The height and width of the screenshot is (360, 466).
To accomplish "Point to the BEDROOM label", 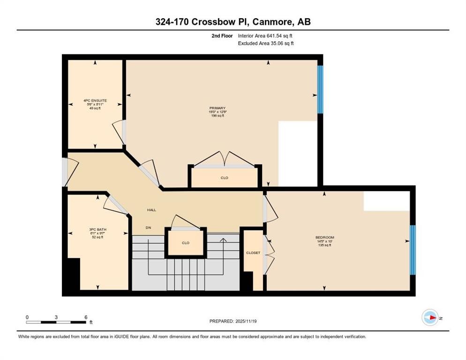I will pos(324,238).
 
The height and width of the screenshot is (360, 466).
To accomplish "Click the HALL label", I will pos(151,210).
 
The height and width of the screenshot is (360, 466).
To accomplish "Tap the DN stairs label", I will pos(148,227).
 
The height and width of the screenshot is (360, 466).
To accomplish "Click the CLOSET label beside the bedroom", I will pos(253,253).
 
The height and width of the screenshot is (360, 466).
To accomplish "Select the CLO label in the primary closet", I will pos(225,178).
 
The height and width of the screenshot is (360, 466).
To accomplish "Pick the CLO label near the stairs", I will pos(185,243).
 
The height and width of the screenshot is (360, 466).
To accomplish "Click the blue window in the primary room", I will pos(320,90).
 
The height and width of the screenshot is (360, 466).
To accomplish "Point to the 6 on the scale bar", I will pos(86,317).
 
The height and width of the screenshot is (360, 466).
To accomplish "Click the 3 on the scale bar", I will pos(56,317).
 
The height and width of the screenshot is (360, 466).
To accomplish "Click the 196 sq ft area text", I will pos(217,115).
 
